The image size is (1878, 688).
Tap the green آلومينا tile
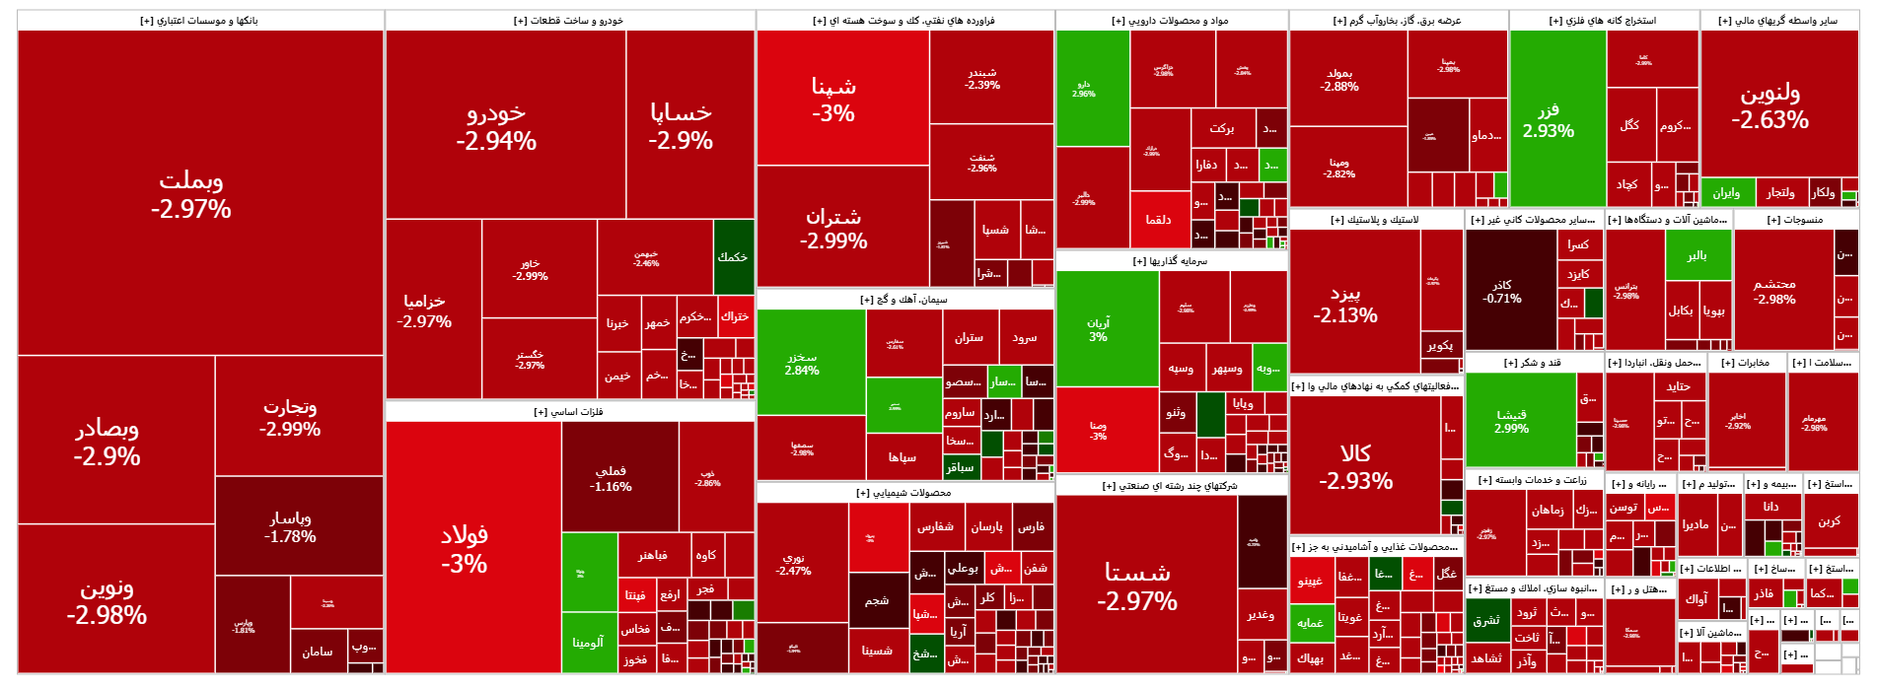pos(589,643)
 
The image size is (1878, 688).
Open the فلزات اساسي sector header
pos(569,412)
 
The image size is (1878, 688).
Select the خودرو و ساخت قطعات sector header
pos(569,21)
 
